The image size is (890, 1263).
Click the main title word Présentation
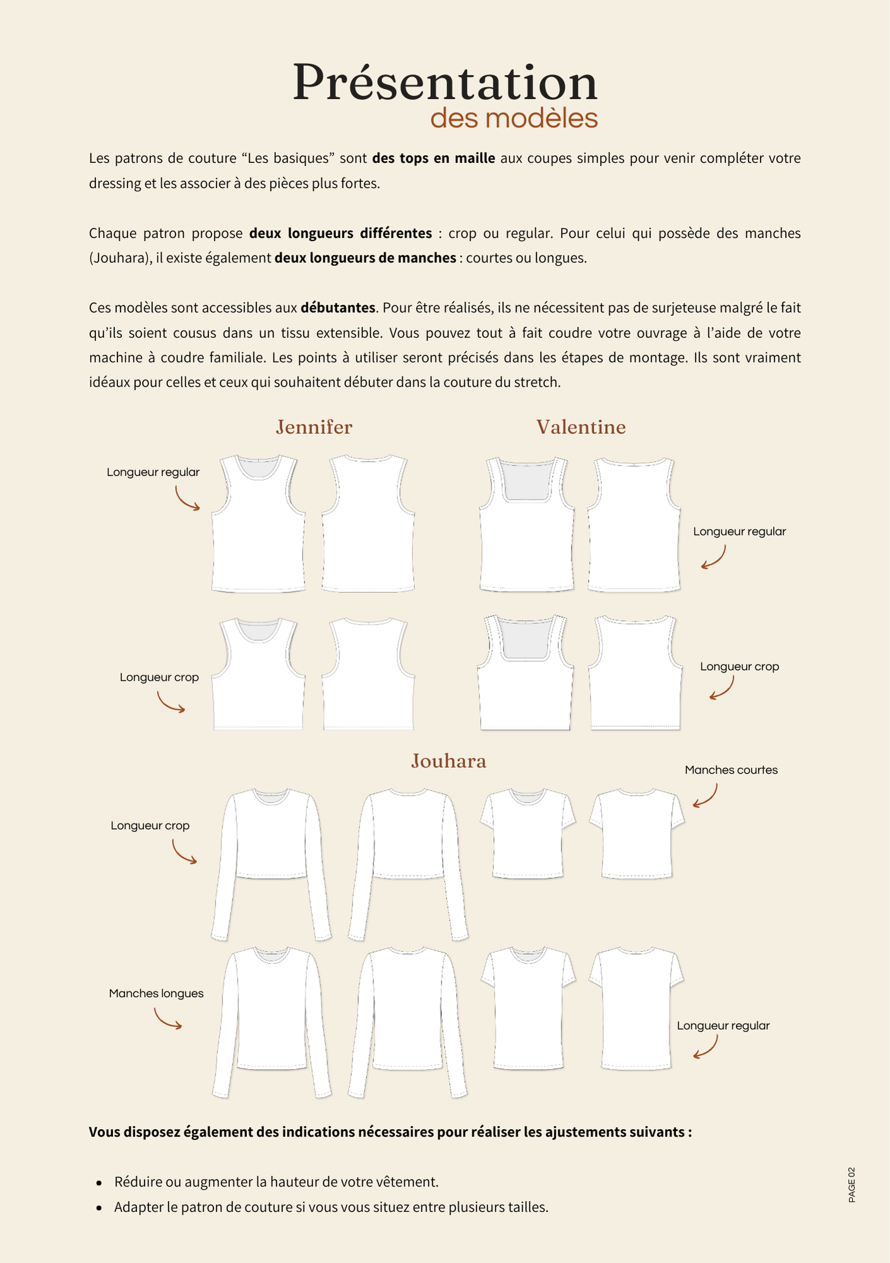445,83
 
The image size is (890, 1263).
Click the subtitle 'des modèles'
514,119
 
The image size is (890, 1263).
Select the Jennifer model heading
314,428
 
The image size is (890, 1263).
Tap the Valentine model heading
581,428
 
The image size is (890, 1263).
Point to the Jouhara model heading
448,761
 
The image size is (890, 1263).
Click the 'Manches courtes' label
731,770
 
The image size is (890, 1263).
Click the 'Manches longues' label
156,993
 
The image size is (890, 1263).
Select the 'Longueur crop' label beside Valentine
739,666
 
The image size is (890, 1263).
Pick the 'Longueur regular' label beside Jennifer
153,472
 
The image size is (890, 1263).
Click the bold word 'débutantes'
338,308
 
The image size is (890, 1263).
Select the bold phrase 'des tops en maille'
433,158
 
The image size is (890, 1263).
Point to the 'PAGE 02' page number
851,1184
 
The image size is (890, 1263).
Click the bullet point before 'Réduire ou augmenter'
99,1182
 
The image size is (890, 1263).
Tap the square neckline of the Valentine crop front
525,638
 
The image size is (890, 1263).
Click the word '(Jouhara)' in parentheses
118,258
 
